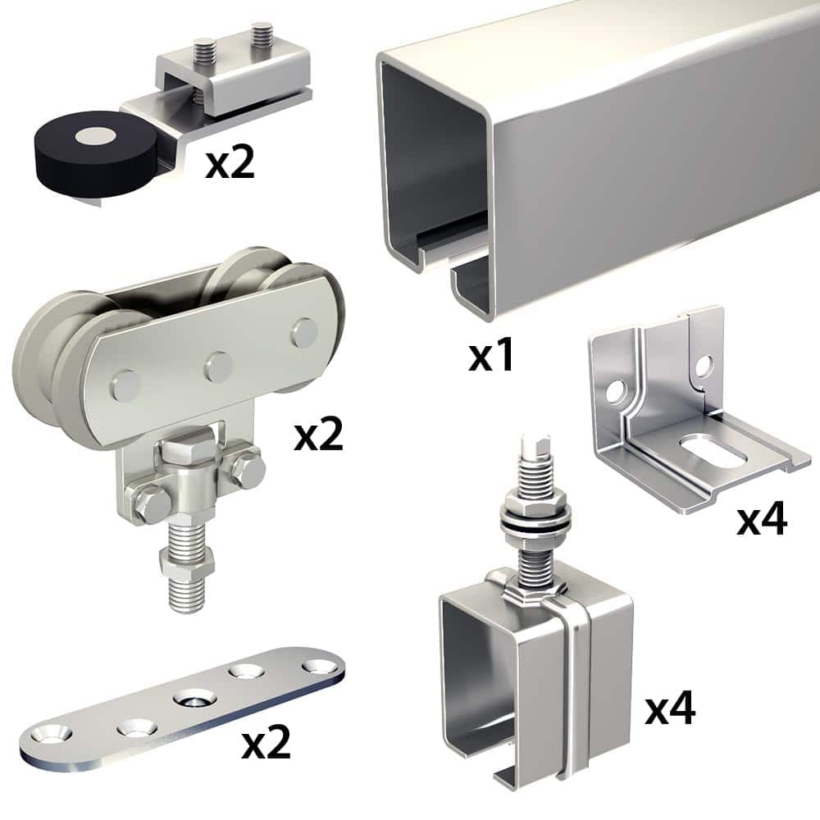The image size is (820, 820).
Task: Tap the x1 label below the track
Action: (x=491, y=356)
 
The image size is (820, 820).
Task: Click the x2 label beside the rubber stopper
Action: (x=230, y=162)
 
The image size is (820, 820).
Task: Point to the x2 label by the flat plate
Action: (x=266, y=743)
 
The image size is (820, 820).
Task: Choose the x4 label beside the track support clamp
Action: (x=670, y=708)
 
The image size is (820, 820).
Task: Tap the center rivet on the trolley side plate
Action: (x=218, y=366)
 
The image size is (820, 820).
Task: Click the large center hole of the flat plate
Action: (x=194, y=699)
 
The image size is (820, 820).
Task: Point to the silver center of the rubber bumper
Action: (x=94, y=135)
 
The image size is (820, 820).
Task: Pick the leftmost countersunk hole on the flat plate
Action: (x=51, y=734)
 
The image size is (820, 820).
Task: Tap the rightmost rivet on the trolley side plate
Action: (x=304, y=333)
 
